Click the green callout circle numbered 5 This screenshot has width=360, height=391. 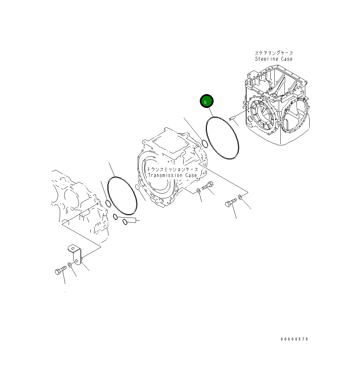click(x=207, y=102)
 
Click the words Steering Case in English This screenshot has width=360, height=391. click(x=274, y=59)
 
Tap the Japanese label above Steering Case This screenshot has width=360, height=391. click(x=274, y=53)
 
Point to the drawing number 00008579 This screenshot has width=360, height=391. click(x=294, y=339)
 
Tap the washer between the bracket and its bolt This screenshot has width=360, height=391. click(x=70, y=265)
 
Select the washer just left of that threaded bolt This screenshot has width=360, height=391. click(x=198, y=191)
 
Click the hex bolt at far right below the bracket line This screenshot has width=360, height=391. click(x=231, y=203)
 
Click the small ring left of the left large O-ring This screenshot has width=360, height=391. click(x=108, y=203)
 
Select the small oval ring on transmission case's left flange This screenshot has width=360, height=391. click(x=137, y=187)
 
